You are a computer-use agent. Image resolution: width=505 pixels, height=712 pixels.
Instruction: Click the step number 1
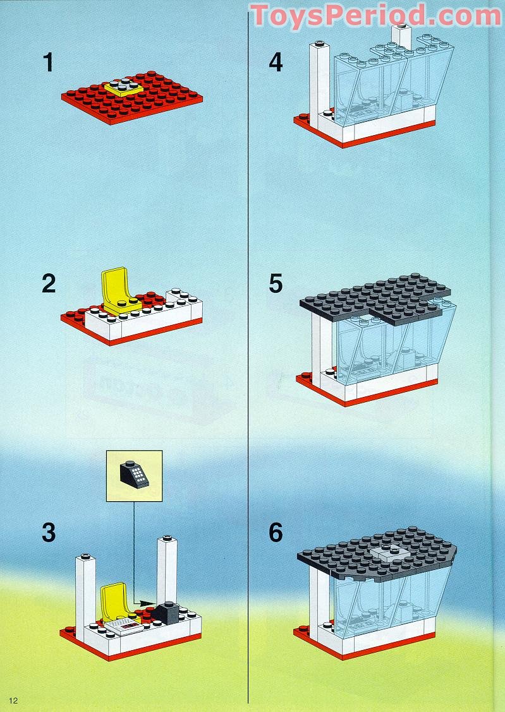(48, 63)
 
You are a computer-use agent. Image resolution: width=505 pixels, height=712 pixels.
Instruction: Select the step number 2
(49, 283)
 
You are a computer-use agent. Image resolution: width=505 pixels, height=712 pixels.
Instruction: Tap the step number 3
(49, 532)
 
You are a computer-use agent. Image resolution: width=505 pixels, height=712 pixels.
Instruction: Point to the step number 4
(276, 63)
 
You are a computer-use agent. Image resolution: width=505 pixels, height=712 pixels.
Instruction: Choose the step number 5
(276, 283)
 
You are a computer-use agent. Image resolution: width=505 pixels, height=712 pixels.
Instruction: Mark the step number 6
(276, 532)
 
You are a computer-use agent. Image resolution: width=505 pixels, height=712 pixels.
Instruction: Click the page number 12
(13, 700)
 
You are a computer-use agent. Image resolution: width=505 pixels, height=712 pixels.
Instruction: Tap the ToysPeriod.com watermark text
(375, 16)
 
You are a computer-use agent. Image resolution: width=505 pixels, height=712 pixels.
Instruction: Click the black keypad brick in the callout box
(134, 474)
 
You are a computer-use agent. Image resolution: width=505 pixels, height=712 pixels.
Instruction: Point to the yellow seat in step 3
(114, 598)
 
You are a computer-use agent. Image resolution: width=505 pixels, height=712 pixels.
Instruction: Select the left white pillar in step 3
(85, 590)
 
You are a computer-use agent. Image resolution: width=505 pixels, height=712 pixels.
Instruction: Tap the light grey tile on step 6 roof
(389, 553)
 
